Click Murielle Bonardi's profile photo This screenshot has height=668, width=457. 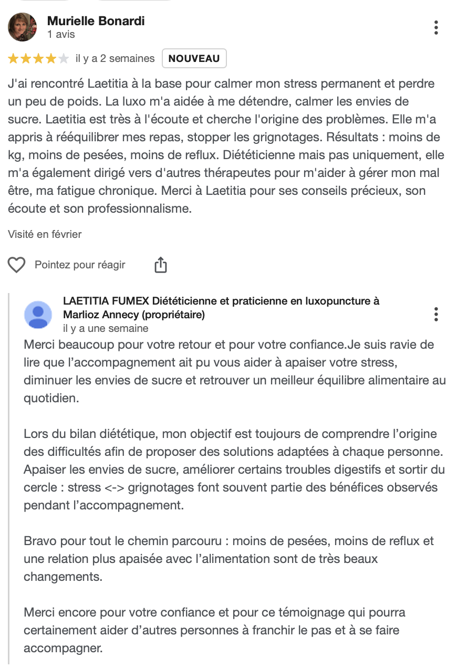pyautogui.click(x=23, y=27)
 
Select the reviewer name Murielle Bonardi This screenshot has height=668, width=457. pyautogui.click(x=96, y=21)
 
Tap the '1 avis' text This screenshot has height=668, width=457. pyautogui.click(x=61, y=35)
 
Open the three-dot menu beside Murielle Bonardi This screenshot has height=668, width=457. pyautogui.click(x=436, y=27)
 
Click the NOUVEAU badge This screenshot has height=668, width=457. pyautogui.click(x=194, y=58)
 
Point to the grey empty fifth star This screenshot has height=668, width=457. pyautogui.click(x=64, y=59)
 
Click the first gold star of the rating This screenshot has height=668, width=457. pyautogui.click(x=13, y=59)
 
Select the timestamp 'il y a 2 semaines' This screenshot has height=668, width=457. pyautogui.click(x=115, y=58)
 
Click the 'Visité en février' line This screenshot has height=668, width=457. pyautogui.click(x=45, y=234)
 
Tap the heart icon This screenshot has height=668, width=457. pyautogui.click(x=17, y=265)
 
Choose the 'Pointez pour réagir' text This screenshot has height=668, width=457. pyautogui.click(x=80, y=265)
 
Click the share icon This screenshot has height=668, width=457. pyautogui.click(x=161, y=265)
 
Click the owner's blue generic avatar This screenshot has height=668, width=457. pyautogui.click(x=38, y=315)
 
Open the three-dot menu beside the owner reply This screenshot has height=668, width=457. pyautogui.click(x=436, y=315)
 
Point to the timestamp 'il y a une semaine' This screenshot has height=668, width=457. pyautogui.click(x=106, y=328)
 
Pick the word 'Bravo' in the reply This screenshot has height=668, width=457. pyautogui.click(x=38, y=541)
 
